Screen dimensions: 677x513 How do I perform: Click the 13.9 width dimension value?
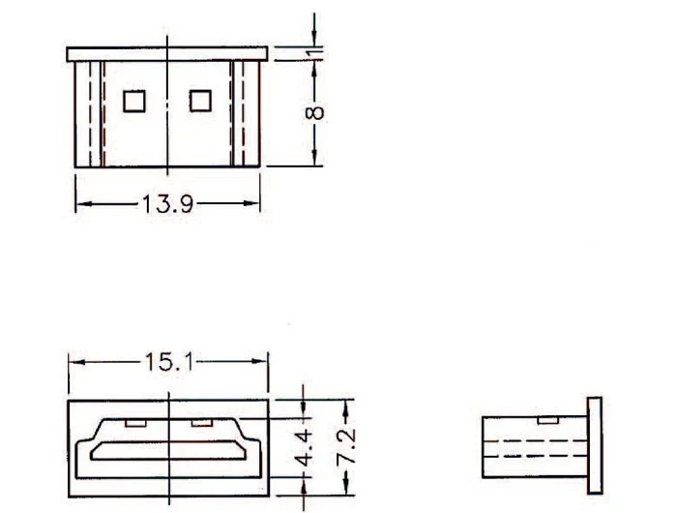pyautogui.click(x=167, y=204)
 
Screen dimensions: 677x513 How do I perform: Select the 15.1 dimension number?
pyautogui.click(x=169, y=362)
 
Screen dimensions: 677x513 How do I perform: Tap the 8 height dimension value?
pyautogui.click(x=314, y=113)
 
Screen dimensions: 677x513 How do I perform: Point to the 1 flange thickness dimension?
pyautogui.click(x=317, y=52)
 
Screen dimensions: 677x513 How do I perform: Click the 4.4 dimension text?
pyautogui.click(x=304, y=448)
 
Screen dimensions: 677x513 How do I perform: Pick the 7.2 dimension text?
pyautogui.click(x=346, y=447)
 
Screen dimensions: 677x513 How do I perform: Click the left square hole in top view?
pyautogui.click(x=134, y=101)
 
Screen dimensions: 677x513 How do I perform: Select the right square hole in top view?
pyautogui.click(x=200, y=101)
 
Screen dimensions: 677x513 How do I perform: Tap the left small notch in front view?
pyautogui.click(x=135, y=423)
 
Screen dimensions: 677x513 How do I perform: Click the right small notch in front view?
pyautogui.click(x=201, y=423)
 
